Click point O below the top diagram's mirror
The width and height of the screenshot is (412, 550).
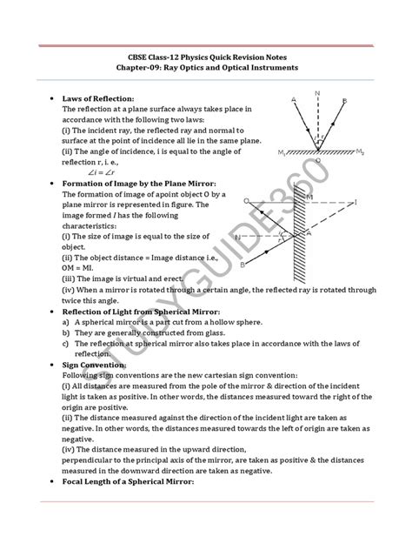click(317, 161)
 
